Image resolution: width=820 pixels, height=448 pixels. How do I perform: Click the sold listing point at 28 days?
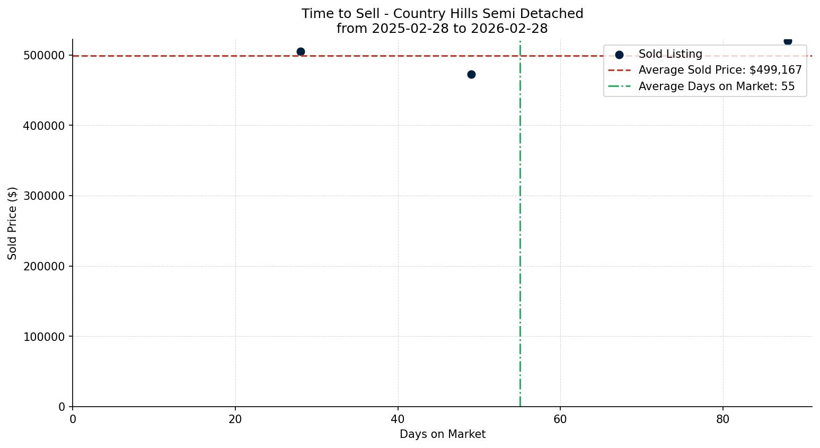coord(301,51)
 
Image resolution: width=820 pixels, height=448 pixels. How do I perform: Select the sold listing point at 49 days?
coord(471,74)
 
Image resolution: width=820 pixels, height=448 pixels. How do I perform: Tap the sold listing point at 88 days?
coord(788,41)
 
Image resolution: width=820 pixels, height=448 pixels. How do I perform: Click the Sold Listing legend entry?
coord(670,54)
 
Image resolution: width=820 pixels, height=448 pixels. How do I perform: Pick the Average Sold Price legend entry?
coord(720,70)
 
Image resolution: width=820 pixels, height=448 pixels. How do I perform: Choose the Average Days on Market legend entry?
coord(716,86)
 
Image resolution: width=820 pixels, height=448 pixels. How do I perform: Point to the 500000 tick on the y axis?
coord(45,56)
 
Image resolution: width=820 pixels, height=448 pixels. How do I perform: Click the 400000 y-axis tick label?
coord(45,126)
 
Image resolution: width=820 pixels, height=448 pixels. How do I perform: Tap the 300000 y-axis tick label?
coord(45,196)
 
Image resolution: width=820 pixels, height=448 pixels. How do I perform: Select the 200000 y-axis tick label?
coord(45,266)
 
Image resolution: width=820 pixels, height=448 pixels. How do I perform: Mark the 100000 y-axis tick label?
coord(45,337)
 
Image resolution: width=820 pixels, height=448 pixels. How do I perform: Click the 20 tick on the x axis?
coord(235,419)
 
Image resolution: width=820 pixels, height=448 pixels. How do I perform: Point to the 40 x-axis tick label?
coord(398,419)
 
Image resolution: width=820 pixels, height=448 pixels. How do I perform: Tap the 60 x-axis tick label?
coord(560,419)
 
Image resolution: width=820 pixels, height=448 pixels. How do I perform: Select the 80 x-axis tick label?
coord(723,419)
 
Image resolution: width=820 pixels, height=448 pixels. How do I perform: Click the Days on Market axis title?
coord(443,434)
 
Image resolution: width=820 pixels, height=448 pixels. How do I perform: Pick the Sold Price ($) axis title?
coord(13,223)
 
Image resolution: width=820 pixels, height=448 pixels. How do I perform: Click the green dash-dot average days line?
coord(520,239)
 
